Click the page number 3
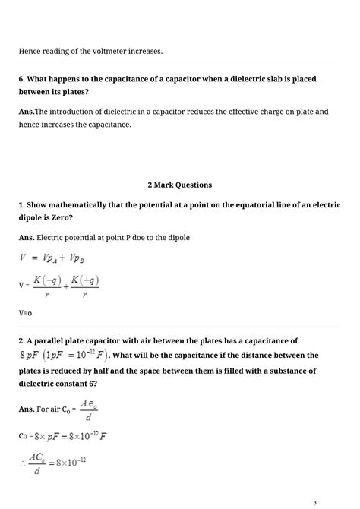point(335,501)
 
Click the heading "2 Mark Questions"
point(179,185)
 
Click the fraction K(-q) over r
point(47,286)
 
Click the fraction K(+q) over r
point(84,286)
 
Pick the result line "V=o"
point(25,312)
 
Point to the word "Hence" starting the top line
point(30,51)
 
